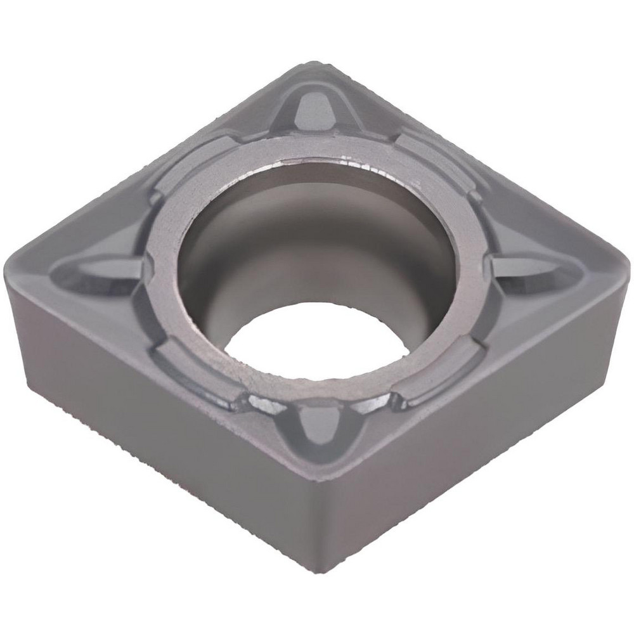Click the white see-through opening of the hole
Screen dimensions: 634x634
tap(317, 342)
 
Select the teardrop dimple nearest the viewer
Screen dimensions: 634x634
tap(315, 425)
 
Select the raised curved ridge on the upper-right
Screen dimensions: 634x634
tap(437, 162)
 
